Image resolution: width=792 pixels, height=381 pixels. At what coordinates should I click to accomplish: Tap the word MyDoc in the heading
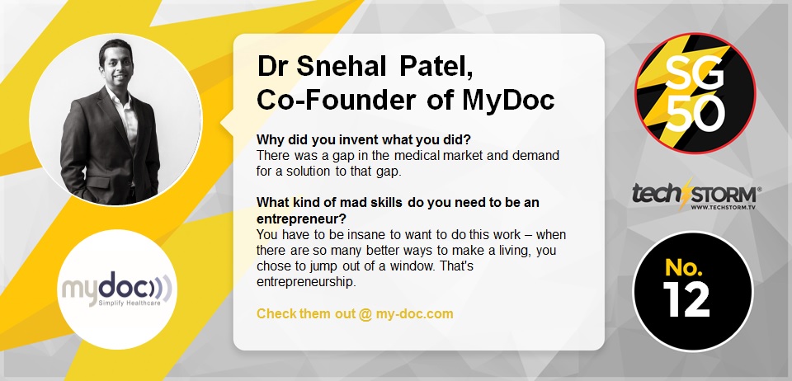(508, 100)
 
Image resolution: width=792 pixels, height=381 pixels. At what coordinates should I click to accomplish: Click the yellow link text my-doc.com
(414, 314)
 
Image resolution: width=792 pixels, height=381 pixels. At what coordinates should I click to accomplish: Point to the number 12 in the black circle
(687, 299)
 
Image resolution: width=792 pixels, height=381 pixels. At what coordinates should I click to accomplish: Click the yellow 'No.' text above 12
(681, 267)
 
